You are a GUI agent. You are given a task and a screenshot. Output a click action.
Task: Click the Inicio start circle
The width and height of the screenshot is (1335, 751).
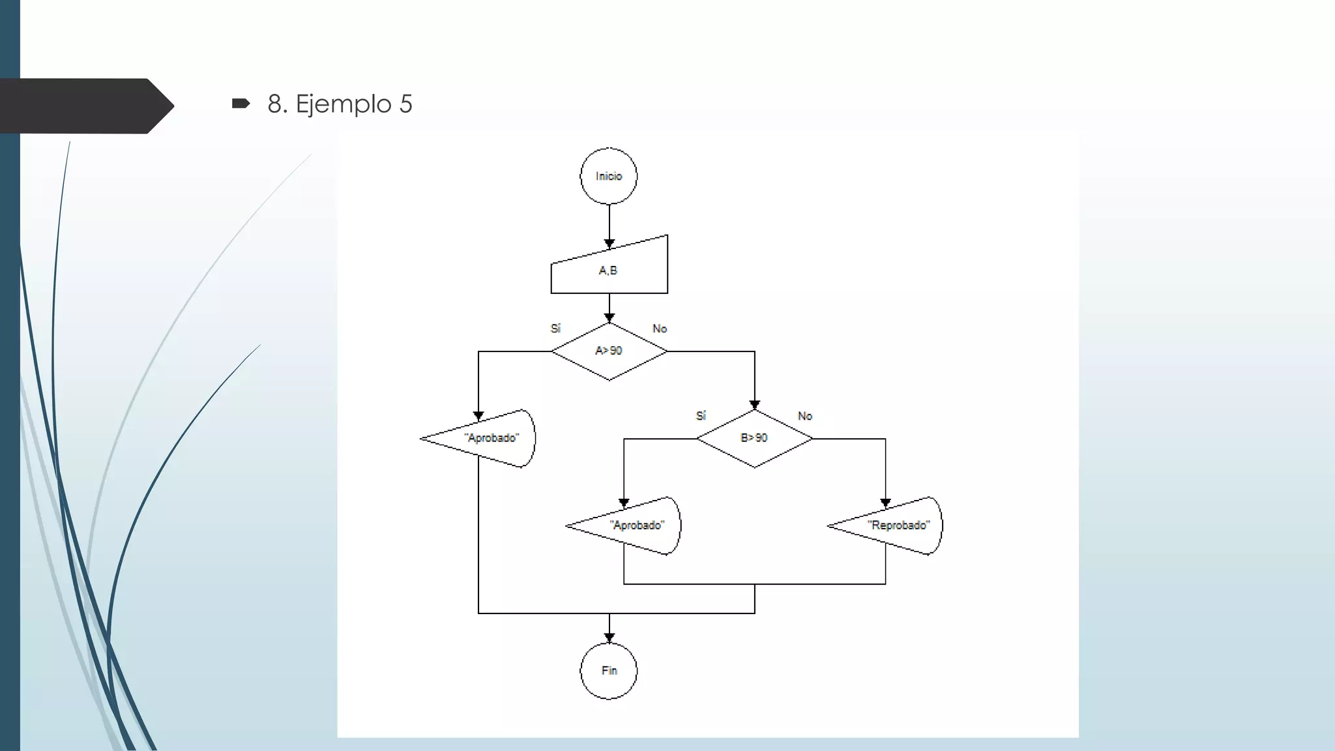tap(609, 176)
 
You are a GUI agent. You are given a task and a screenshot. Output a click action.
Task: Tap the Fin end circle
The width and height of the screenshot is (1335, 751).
tap(609, 671)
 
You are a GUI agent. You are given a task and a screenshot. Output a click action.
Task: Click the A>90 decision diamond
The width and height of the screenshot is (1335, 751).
tap(609, 351)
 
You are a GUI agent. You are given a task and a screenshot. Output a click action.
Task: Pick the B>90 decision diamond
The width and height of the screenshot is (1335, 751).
tap(754, 438)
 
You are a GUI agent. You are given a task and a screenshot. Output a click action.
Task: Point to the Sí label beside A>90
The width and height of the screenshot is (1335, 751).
tap(555, 329)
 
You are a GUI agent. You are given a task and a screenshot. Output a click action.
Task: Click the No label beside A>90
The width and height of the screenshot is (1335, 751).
tap(660, 329)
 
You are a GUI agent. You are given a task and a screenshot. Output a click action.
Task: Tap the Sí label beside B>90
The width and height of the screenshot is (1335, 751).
tap(701, 416)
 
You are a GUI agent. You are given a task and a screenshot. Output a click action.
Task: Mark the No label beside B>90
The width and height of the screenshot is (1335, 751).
tap(805, 416)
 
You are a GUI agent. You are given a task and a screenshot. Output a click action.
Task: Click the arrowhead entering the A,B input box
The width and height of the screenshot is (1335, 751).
tap(609, 244)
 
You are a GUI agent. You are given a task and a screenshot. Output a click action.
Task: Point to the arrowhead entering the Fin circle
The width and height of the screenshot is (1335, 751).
tap(609, 638)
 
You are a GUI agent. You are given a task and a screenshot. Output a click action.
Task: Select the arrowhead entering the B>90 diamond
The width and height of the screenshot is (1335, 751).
tap(755, 405)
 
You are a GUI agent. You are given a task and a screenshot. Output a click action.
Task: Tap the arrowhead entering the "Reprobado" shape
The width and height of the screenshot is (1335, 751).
tap(885, 503)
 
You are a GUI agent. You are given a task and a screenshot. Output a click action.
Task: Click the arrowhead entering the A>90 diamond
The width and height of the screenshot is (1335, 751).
tap(609, 318)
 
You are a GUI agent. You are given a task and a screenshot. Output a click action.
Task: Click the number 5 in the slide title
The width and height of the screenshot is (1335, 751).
tap(405, 104)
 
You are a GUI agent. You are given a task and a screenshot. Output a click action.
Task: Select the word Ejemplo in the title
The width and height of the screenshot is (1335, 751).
tap(344, 104)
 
